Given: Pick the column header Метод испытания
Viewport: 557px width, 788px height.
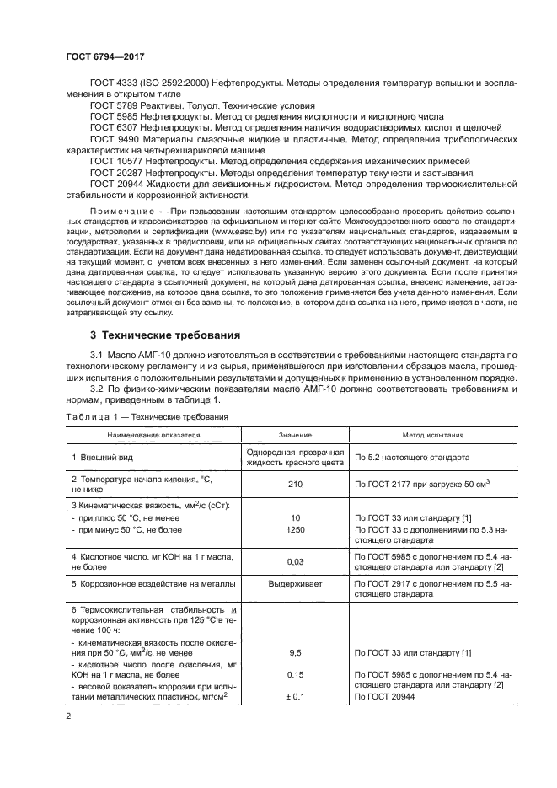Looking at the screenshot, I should tap(432, 436).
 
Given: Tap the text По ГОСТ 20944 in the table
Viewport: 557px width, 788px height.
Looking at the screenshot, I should tap(386, 696).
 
